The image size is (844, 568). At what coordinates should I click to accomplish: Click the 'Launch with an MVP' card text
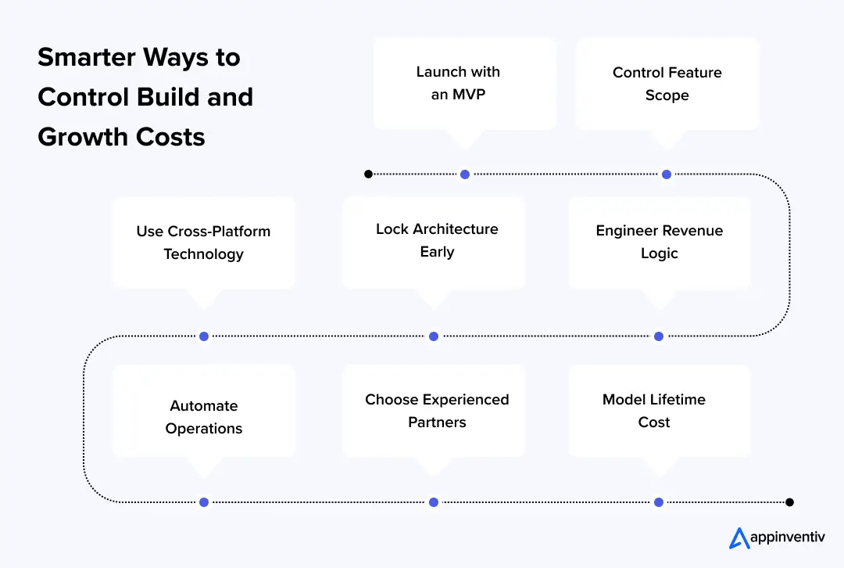click(458, 83)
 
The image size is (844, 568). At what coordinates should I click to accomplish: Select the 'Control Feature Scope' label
click(667, 84)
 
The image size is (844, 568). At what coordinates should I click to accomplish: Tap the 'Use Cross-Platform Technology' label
click(203, 243)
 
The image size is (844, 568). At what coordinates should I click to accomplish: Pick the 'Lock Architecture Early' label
click(437, 240)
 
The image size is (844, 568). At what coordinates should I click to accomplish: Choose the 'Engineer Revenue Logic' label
click(659, 242)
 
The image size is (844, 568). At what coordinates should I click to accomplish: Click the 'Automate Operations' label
click(203, 417)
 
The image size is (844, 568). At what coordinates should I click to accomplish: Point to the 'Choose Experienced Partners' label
click(437, 411)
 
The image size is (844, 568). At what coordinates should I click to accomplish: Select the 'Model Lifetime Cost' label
click(653, 411)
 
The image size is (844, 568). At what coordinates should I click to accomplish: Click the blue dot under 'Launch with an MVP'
click(465, 174)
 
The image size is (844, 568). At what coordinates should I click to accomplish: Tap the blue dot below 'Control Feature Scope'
click(667, 174)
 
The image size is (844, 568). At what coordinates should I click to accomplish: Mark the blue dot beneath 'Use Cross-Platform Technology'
click(204, 336)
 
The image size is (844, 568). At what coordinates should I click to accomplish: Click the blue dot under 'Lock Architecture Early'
click(434, 336)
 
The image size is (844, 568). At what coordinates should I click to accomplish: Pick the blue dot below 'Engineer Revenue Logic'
click(659, 336)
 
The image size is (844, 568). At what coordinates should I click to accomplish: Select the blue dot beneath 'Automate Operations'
click(204, 502)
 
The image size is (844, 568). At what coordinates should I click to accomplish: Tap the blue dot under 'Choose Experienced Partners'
click(434, 502)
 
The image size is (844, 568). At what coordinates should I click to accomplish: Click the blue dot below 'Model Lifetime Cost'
click(659, 502)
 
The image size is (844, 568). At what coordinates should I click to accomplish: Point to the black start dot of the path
click(368, 174)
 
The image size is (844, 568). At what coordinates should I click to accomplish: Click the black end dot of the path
click(789, 502)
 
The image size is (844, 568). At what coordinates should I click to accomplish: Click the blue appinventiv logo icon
click(738, 538)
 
